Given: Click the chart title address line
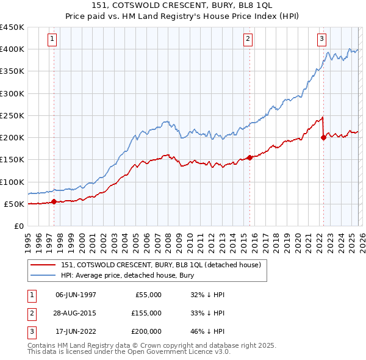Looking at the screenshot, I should (x=183, y=5).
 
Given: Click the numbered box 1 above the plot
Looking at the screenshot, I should (x=53, y=39).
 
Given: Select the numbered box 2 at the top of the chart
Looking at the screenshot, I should (x=248, y=39).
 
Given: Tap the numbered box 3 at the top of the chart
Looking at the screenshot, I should (x=321, y=39).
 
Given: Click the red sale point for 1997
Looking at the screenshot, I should (x=54, y=201).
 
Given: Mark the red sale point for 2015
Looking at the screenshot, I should (x=249, y=157).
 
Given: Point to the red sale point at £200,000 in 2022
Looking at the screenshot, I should (x=323, y=137).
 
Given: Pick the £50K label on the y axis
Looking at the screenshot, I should (x=14, y=204).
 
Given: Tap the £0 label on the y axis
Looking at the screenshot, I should (x=18, y=226).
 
